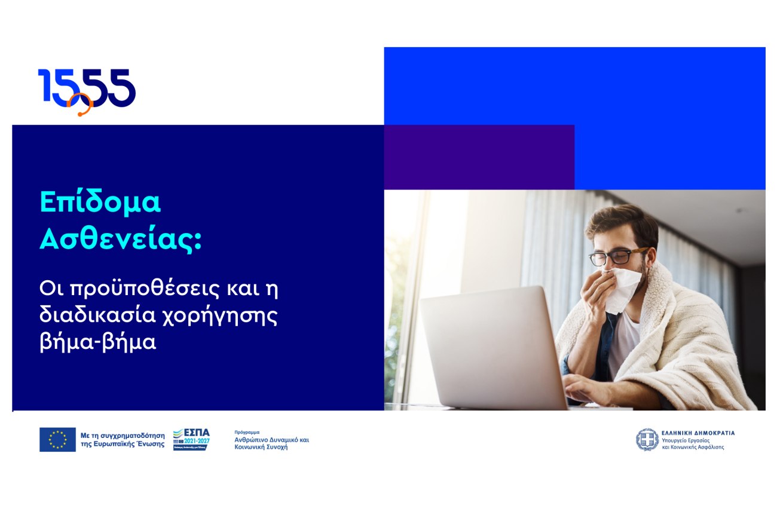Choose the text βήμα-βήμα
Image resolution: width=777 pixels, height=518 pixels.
97,344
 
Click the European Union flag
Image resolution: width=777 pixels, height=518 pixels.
57,439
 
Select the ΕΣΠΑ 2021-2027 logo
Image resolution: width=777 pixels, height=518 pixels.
191,439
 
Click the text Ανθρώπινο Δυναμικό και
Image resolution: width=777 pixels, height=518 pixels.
272,440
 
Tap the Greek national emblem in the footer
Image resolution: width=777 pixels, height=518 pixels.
647,439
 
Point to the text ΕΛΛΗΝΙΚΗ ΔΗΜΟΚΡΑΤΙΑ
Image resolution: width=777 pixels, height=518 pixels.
698,433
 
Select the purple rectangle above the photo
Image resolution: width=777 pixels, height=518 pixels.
479,157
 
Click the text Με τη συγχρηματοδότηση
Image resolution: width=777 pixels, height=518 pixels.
123,436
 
